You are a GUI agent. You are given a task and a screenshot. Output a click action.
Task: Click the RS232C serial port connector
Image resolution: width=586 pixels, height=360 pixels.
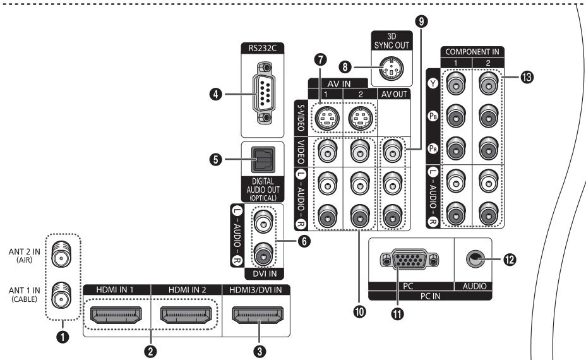[x=263, y=93]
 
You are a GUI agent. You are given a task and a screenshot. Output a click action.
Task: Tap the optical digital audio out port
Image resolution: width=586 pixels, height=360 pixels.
[x=263, y=160]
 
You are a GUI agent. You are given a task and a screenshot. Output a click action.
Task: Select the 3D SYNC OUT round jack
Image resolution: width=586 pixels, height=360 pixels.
[x=391, y=68]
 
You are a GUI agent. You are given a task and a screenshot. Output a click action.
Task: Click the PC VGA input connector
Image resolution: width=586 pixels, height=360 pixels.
[x=409, y=259]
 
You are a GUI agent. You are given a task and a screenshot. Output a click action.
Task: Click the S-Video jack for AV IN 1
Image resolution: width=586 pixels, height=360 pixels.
[x=327, y=117]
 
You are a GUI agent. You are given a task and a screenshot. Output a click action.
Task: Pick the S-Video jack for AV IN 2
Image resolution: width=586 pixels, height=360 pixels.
[x=361, y=117]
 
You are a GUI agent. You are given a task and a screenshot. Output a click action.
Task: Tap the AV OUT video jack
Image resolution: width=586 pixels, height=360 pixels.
[x=392, y=151]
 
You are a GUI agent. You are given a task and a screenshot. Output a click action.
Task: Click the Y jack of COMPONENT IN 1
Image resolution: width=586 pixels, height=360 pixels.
[x=455, y=83]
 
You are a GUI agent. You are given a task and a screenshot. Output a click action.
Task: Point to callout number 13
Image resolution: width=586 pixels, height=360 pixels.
[x=527, y=78]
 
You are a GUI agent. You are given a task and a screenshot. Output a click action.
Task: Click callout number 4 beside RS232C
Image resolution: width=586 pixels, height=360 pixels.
[x=215, y=94]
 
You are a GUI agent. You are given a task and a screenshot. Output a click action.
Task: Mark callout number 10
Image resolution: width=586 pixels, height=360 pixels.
[x=359, y=311]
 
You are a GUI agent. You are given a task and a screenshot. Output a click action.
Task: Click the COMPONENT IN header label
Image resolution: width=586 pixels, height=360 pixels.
[x=472, y=52]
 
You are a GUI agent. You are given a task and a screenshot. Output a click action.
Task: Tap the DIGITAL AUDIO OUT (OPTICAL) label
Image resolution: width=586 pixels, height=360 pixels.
[x=263, y=189]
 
